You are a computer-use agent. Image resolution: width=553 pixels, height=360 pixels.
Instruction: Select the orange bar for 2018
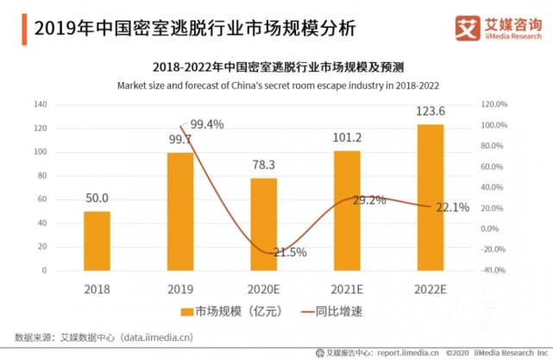click(x=97, y=241)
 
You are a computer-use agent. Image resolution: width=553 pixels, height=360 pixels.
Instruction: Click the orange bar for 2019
click(x=180, y=212)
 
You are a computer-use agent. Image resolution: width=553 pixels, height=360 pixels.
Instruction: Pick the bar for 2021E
click(x=347, y=211)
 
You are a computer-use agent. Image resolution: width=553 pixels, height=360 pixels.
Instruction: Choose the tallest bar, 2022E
click(x=430, y=197)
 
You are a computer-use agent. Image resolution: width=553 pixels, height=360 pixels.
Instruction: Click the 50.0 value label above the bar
click(x=97, y=199)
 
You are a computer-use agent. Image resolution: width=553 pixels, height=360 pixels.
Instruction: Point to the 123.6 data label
click(x=430, y=111)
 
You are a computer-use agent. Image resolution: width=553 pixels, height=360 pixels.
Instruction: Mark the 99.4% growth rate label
click(x=207, y=124)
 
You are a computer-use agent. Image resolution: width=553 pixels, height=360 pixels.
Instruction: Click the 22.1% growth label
click(x=452, y=207)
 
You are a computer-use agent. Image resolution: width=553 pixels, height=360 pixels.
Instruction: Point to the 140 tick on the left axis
click(x=39, y=104)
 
